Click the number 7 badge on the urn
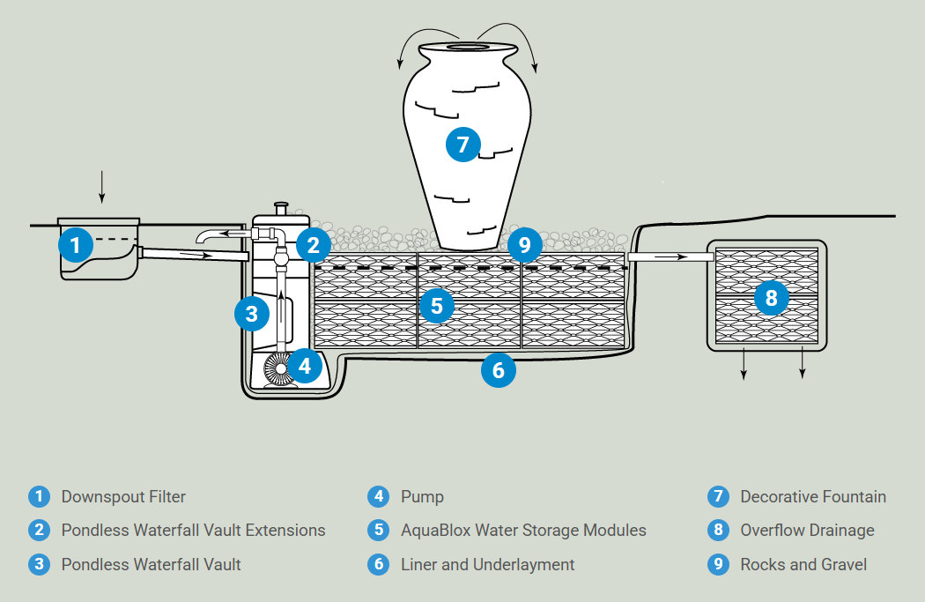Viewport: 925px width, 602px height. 463,145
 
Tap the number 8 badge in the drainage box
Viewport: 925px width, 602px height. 771,298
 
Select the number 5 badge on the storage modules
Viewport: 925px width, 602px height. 437,306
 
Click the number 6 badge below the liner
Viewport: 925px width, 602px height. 499,370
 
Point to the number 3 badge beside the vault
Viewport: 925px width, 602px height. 252,314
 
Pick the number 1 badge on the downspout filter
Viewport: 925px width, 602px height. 76,245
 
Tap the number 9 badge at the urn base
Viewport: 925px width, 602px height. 524,244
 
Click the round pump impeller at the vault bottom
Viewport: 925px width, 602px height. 278,369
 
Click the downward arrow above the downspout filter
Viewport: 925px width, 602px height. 101,187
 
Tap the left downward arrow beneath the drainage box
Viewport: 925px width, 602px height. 744,363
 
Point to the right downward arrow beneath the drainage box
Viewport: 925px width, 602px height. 803,362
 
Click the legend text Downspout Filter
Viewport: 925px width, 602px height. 123,497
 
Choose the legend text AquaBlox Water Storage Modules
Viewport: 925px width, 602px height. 523,531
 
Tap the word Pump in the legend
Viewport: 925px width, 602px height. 422,497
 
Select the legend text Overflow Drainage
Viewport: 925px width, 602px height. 807,531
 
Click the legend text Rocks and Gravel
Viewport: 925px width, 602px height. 803,565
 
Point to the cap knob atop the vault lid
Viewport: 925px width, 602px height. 281,209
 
